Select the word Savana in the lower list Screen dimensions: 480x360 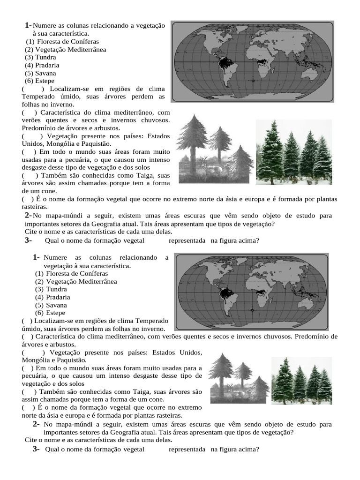coord(56,305)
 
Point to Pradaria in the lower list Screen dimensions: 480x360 coord(58,297)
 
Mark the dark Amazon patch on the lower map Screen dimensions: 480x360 coord(228,294)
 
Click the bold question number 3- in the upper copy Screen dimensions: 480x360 coord(28,240)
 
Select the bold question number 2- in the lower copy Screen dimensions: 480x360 coord(36,424)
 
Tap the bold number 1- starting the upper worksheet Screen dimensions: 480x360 coord(28,25)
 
